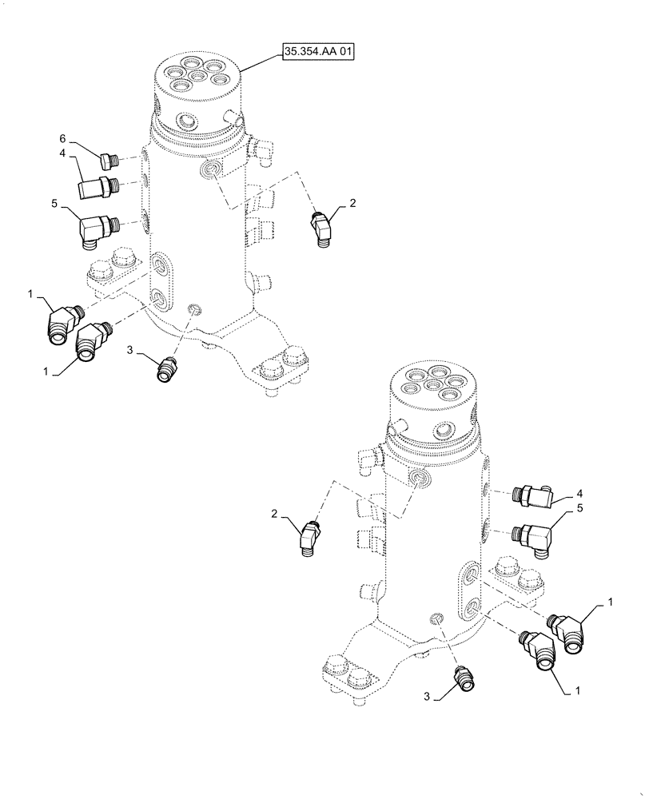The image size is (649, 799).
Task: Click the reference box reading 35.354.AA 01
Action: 317,53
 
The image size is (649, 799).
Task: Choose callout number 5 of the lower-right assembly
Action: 578,508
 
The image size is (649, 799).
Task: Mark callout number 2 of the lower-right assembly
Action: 274,515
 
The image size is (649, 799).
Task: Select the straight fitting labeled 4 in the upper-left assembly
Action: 99,187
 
